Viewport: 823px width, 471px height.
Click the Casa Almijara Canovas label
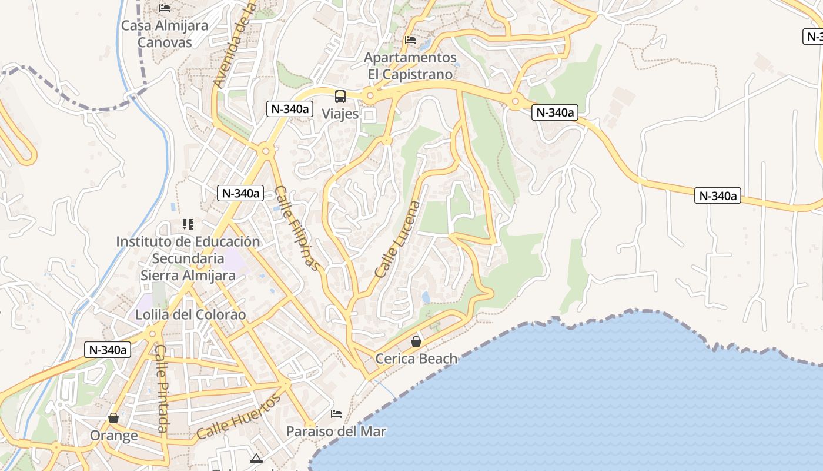pos(165,34)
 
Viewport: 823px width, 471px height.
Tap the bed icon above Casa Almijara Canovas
pos(165,8)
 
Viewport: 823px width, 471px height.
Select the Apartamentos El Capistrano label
pos(410,66)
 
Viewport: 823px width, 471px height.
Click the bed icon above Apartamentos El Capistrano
pos(410,40)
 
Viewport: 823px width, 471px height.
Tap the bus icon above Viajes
pos(340,96)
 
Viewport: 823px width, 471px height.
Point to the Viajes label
pos(340,114)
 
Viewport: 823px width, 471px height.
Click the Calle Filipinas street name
pos(299,228)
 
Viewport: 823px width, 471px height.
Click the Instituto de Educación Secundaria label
pos(188,258)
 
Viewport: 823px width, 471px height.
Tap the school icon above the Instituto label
pos(188,224)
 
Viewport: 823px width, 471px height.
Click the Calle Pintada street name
pos(162,389)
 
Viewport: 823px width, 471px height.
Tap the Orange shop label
pos(113,436)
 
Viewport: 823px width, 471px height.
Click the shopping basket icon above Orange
pos(113,418)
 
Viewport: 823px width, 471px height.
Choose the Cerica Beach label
pos(416,359)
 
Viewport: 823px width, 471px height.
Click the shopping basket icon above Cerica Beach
pos(416,341)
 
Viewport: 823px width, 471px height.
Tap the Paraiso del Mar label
pos(336,432)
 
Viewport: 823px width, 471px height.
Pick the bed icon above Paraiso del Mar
pos(336,414)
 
